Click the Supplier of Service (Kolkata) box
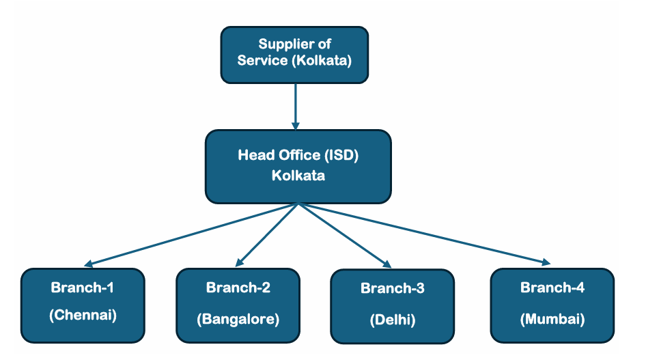pyautogui.click(x=294, y=55)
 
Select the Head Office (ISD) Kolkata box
pyautogui.click(x=298, y=166)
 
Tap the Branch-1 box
pyautogui.click(x=83, y=305)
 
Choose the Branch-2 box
pyautogui.click(x=238, y=305)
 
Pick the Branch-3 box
pyautogui.click(x=392, y=305)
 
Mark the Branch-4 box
pyautogui.click(x=552, y=305)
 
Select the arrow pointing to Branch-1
pyautogui.click(x=191, y=234)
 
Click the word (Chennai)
pyautogui.click(x=83, y=316)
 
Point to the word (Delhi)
pyautogui.click(x=392, y=320)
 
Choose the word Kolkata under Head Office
pyautogui.click(x=298, y=176)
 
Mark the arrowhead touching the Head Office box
pyautogui.click(x=295, y=126)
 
